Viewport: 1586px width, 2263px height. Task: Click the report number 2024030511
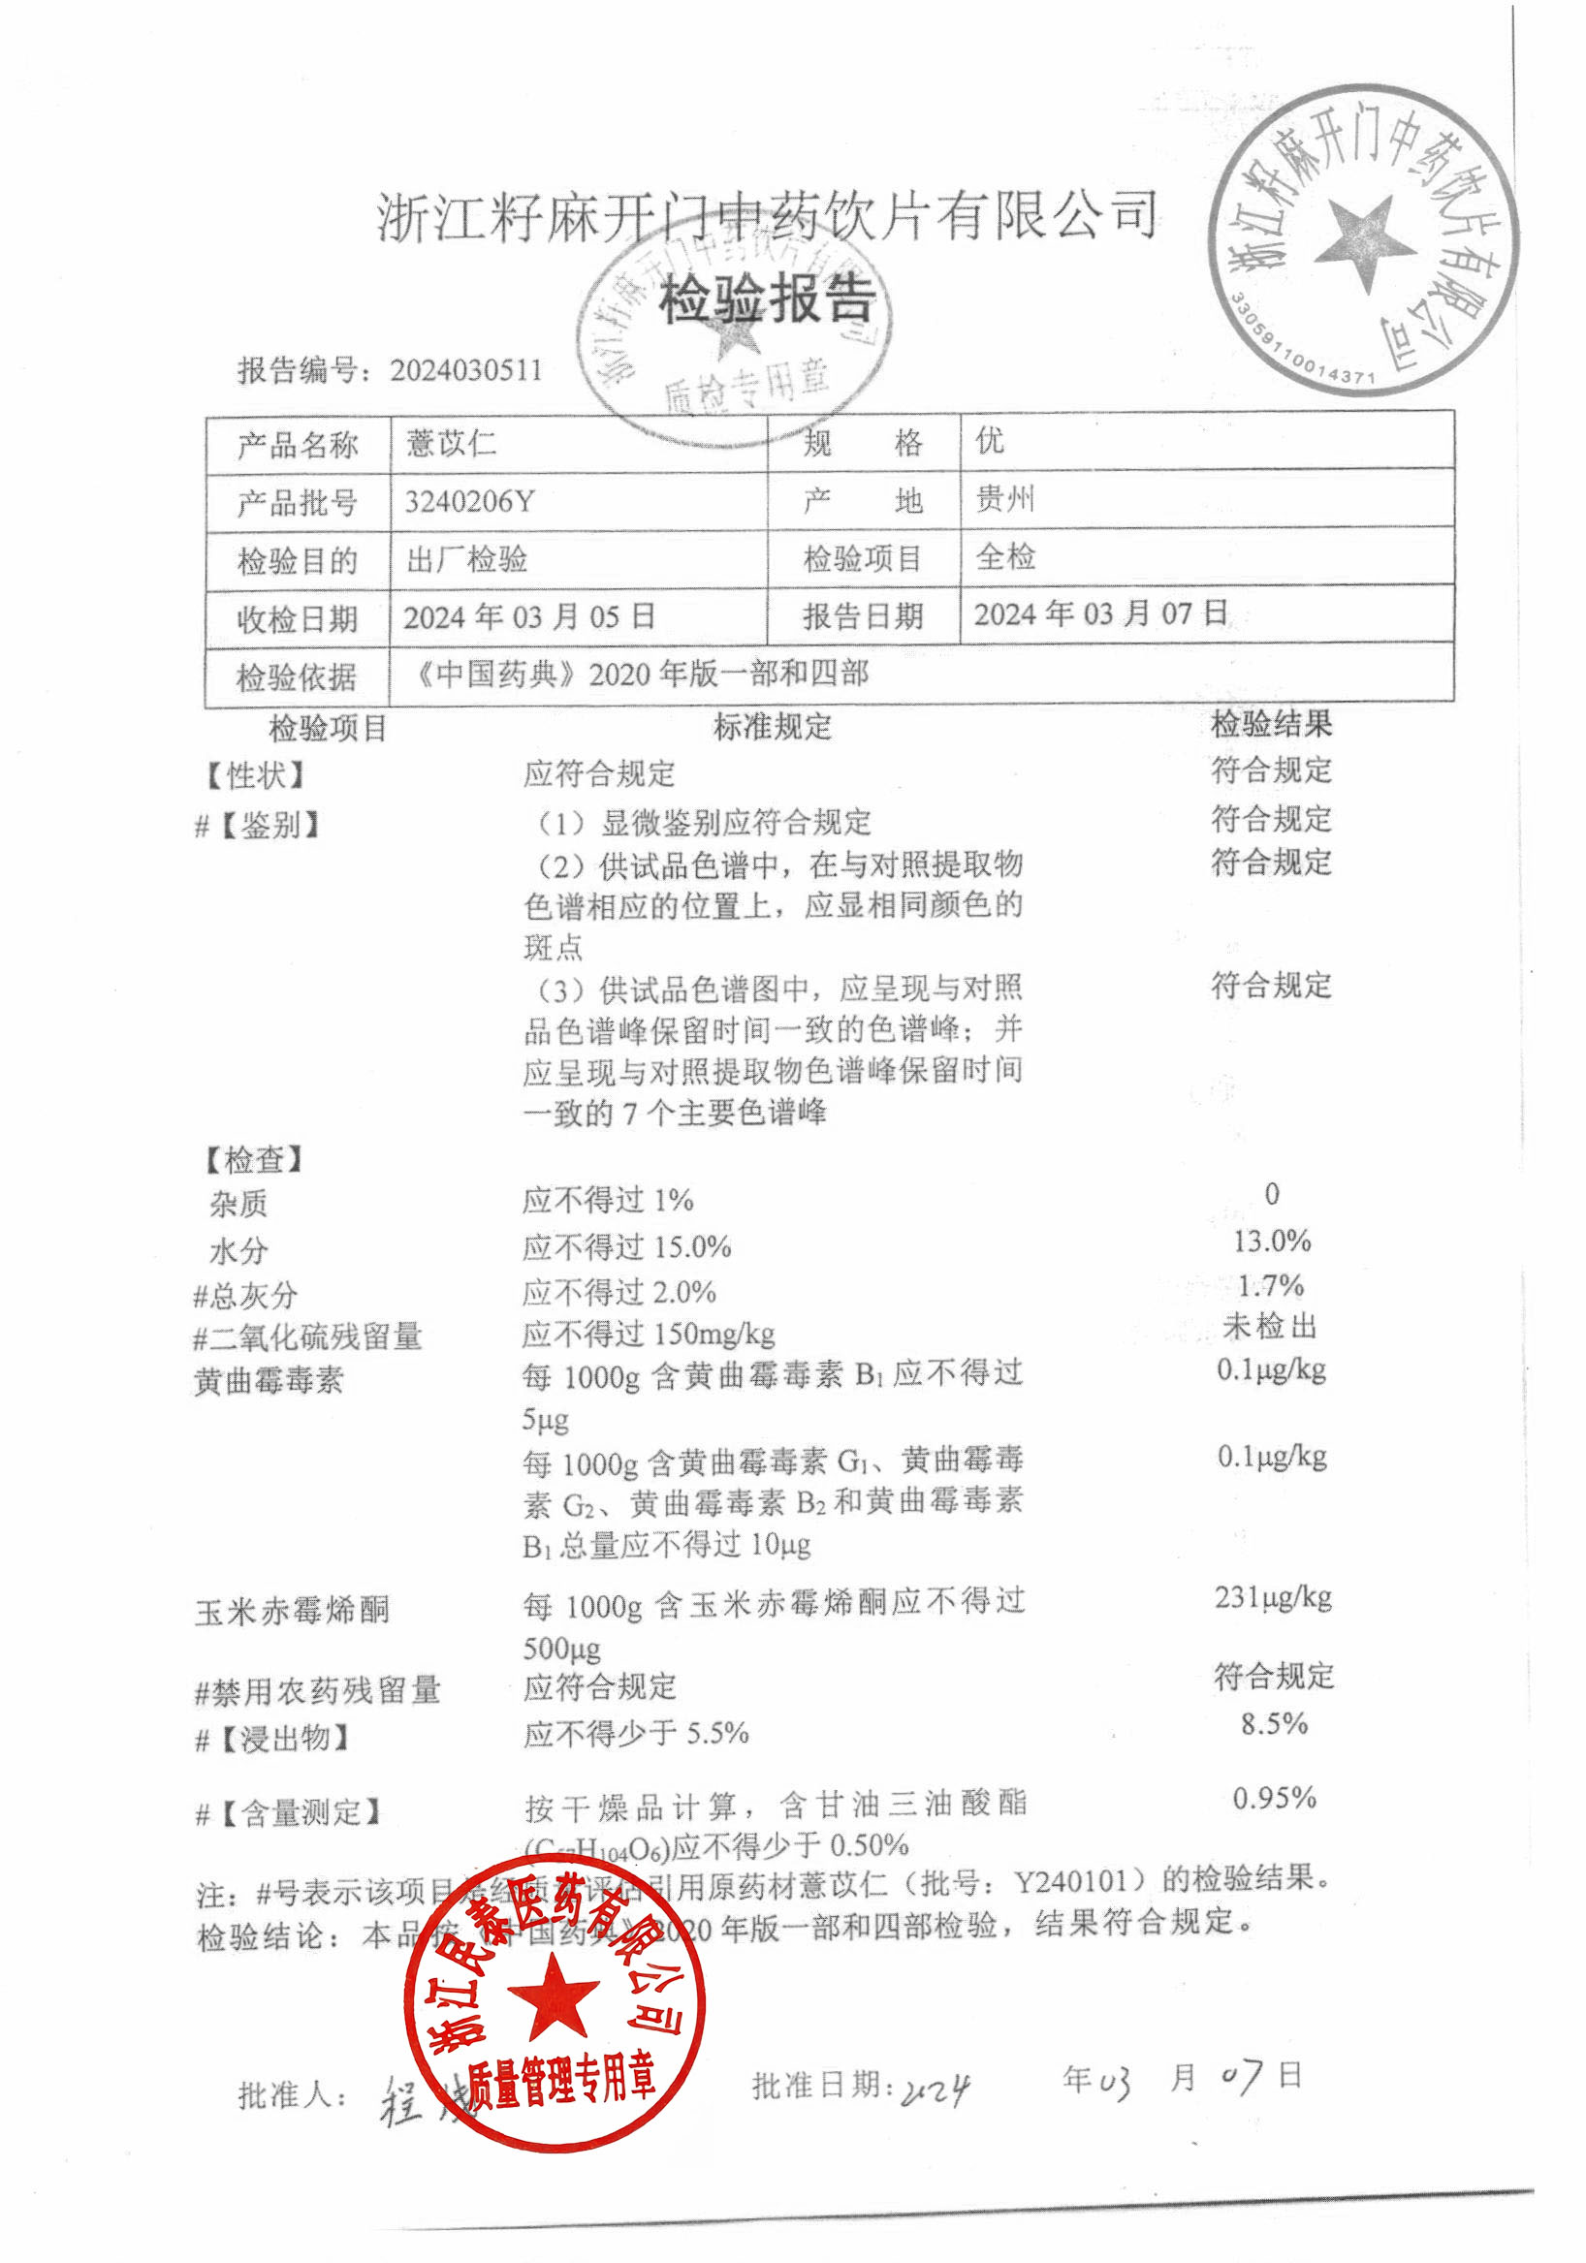tap(465, 370)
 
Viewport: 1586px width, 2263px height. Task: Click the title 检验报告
tap(767, 299)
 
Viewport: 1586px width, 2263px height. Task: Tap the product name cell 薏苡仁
tap(452, 443)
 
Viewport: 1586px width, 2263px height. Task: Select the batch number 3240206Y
tap(469, 502)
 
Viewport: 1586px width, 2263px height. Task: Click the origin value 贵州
tap(1004, 499)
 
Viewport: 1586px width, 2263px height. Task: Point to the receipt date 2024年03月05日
tap(529, 617)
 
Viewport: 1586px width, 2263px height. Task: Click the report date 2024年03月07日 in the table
tap(1100, 613)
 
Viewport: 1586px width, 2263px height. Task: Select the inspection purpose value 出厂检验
tap(467, 559)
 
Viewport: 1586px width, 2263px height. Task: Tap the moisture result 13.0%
tap(1272, 1241)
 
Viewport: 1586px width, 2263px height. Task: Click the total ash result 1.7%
tap(1271, 1285)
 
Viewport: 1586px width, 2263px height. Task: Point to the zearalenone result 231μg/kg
tap(1273, 1597)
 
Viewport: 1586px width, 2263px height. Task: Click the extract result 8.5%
tap(1274, 1724)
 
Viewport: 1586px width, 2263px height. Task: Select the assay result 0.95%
tap(1274, 1798)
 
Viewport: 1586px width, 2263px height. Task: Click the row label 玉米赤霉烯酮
tap(293, 1612)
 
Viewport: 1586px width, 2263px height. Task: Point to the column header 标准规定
tap(772, 728)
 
